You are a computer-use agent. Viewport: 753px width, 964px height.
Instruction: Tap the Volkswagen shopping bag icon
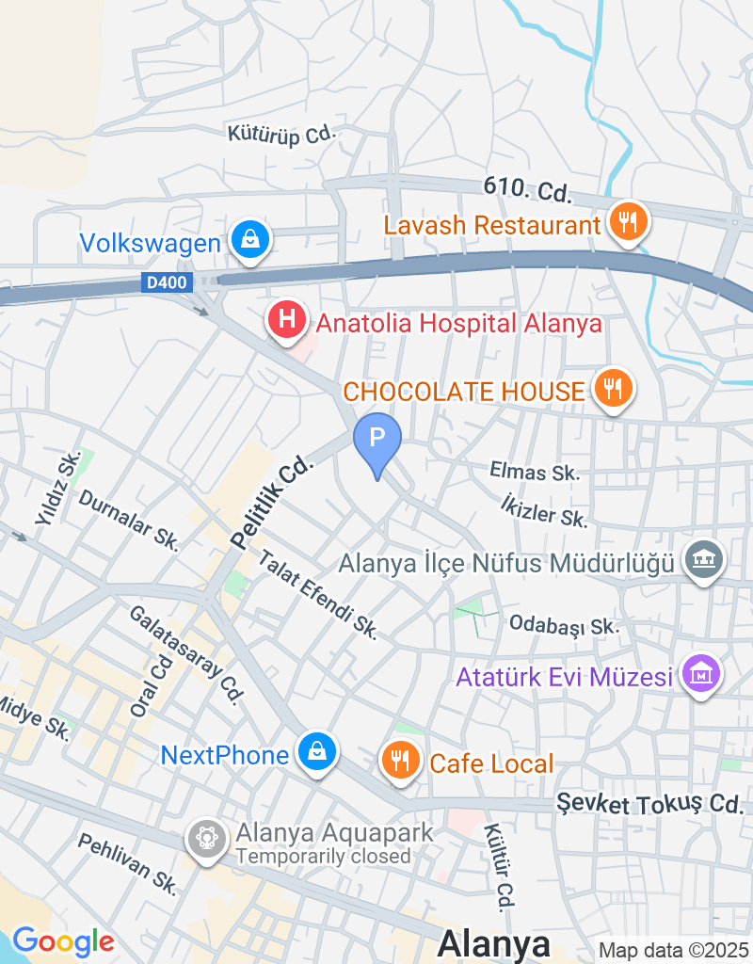click(x=250, y=239)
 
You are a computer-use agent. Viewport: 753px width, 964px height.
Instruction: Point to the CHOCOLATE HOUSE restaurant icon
click(x=613, y=387)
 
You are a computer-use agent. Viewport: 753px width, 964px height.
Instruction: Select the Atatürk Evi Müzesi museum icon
click(x=702, y=674)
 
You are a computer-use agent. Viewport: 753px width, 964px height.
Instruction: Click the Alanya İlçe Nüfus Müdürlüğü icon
click(x=705, y=561)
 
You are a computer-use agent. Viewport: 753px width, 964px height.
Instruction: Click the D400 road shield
click(x=167, y=281)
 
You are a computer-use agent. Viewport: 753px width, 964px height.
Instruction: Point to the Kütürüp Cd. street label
click(x=281, y=134)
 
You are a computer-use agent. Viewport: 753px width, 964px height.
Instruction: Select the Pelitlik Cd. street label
click(x=270, y=502)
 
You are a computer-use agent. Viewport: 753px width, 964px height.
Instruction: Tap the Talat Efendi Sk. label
click(x=317, y=596)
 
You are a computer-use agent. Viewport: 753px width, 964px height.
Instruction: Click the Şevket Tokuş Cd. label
click(x=649, y=804)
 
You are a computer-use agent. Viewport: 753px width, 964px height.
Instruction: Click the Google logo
click(x=63, y=940)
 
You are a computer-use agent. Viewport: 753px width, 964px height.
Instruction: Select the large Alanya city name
click(x=494, y=943)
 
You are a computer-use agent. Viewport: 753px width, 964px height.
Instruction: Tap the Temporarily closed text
click(x=324, y=857)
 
